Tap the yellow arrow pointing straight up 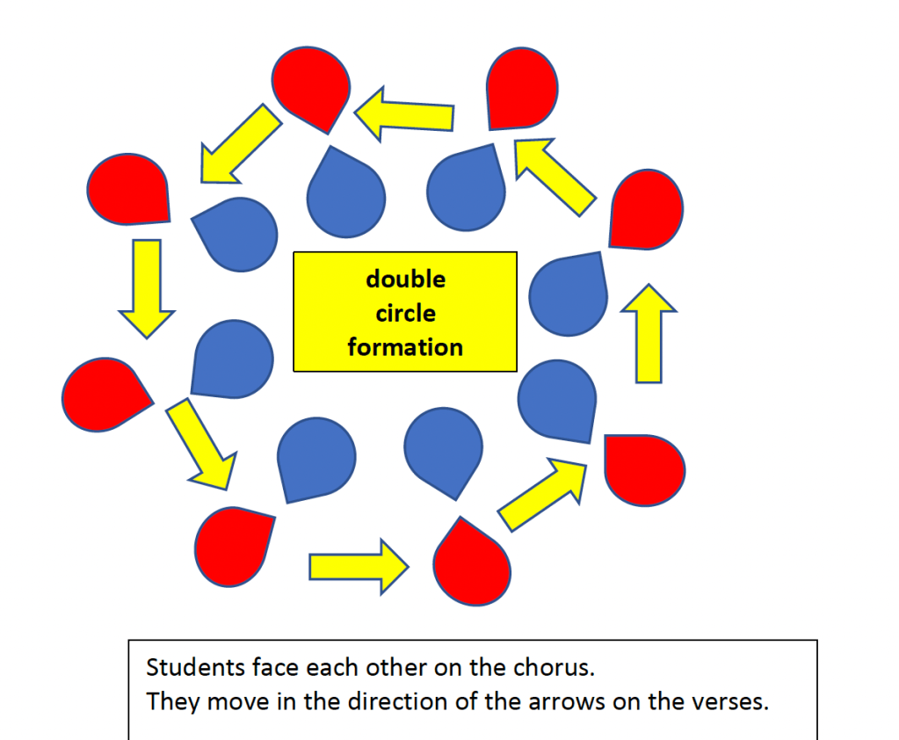click(x=649, y=334)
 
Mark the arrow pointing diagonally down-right click(x=204, y=444)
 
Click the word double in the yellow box click(x=405, y=279)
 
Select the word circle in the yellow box click(x=405, y=313)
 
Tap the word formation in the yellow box click(x=405, y=347)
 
